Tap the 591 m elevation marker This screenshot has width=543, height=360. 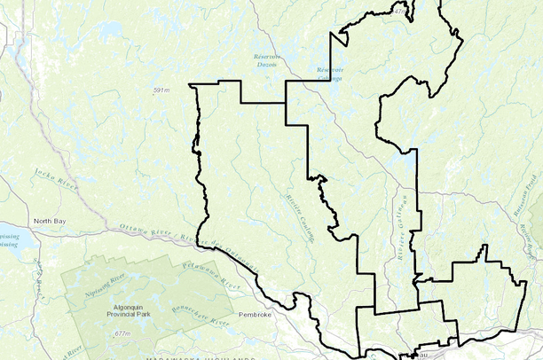pos(161,90)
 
